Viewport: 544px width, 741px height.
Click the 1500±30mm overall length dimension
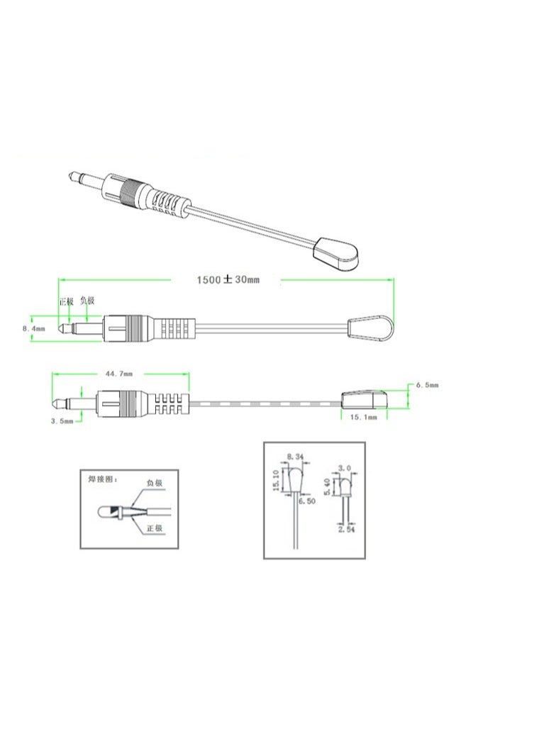[228, 279]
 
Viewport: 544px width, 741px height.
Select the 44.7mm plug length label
[123, 372]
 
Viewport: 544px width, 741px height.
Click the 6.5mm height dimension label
[427, 384]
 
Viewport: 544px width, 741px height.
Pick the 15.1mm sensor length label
[362, 418]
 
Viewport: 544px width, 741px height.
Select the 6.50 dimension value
[307, 501]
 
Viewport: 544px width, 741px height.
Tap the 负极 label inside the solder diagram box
[154, 483]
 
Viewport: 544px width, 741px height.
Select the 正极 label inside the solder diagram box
[155, 529]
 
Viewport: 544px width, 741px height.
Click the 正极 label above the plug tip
[66, 301]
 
